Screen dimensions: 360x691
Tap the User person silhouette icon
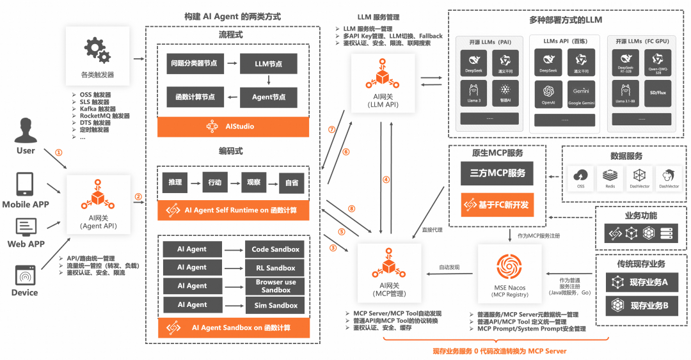coord(26,130)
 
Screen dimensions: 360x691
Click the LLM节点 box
coord(269,64)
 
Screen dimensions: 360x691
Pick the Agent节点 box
coord(269,97)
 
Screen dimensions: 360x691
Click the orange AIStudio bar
coord(234,127)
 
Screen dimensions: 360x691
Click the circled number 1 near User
coord(59,153)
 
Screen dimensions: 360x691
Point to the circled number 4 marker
coord(386,180)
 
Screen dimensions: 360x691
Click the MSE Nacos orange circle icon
coord(509,267)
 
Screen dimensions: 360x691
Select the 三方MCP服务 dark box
coord(493,173)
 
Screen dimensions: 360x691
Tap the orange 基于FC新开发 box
coord(493,205)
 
